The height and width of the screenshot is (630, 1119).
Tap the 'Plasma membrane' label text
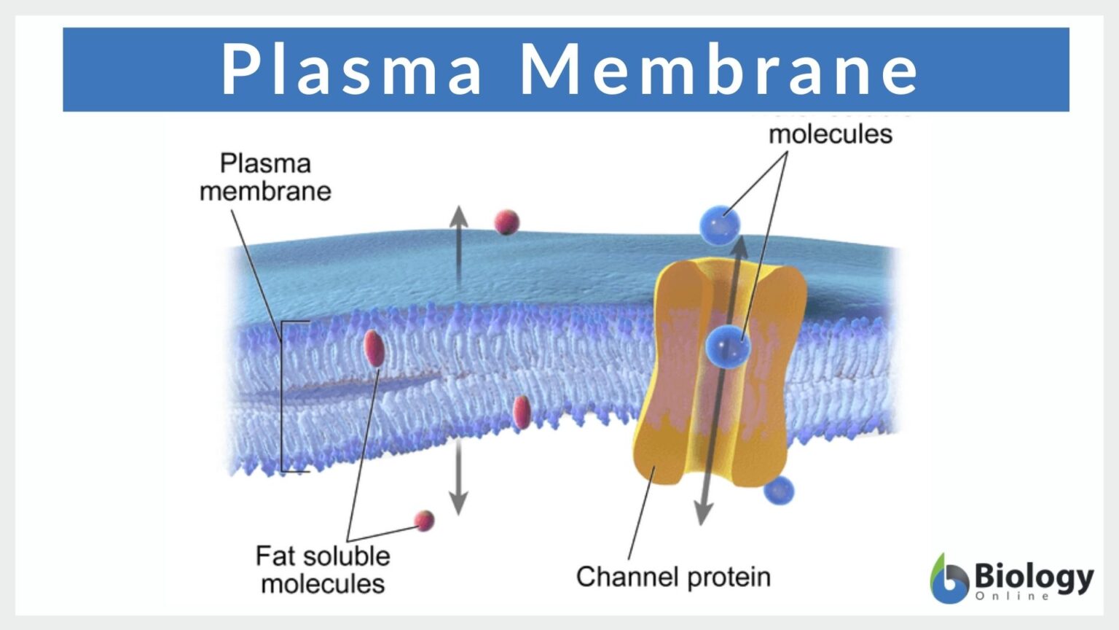pyautogui.click(x=265, y=177)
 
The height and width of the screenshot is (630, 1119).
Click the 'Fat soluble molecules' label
pyautogui.click(x=323, y=569)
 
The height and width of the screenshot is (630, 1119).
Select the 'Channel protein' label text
pyautogui.click(x=673, y=577)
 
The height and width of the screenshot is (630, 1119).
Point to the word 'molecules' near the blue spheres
pyautogui.click(x=831, y=134)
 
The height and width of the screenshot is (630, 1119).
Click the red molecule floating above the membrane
pyautogui.click(x=506, y=222)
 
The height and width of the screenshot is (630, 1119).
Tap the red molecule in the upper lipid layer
pyautogui.click(x=374, y=348)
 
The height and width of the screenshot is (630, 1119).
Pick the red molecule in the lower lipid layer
pyautogui.click(x=521, y=413)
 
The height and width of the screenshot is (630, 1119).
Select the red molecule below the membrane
pyautogui.click(x=424, y=521)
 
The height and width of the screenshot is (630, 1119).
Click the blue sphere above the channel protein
pyautogui.click(x=719, y=225)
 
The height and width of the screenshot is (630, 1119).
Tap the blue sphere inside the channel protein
pyautogui.click(x=727, y=346)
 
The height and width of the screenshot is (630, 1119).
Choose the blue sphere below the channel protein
pyautogui.click(x=779, y=491)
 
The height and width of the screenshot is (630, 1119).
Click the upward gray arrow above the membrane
pyautogui.click(x=458, y=241)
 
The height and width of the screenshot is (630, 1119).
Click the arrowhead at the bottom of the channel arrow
pyautogui.click(x=702, y=514)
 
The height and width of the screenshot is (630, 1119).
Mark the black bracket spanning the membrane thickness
pyautogui.click(x=283, y=397)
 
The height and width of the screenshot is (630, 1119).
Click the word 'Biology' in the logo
pyautogui.click(x=1033, y=576)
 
